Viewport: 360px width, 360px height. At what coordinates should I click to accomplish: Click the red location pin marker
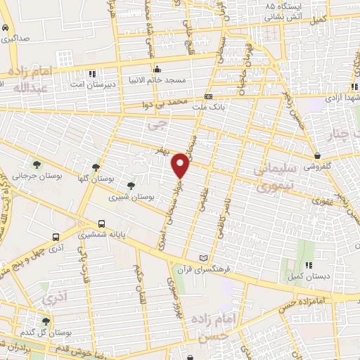click(x=181, y=165)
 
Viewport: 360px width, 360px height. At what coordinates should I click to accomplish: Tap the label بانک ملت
click(x=208, y=107)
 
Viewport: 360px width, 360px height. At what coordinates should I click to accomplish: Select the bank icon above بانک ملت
click(x=208, y=96)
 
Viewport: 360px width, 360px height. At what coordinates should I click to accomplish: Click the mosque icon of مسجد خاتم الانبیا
click(x=157, y=70)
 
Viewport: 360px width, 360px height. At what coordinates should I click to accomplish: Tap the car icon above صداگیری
click(x=6, y=28)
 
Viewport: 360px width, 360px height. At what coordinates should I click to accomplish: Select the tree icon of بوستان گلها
click(x=96, y=167)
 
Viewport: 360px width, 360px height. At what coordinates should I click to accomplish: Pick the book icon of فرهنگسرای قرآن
click(x=203, y=259)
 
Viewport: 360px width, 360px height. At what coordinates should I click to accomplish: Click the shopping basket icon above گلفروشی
click(x=318, y=156)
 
